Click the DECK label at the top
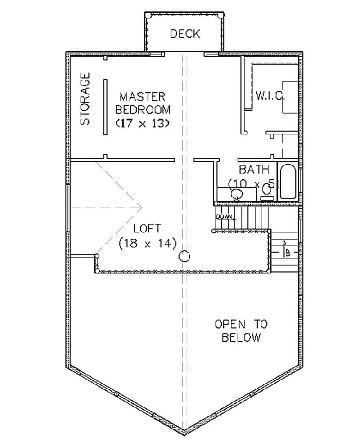point(185,34)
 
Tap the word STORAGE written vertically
point(85,99)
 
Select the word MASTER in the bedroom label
point(143,96)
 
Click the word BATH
point(254,170)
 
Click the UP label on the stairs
point(287,251)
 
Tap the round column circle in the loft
point(184,257)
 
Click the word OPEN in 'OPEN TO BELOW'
point(229,324)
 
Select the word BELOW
point(241,338)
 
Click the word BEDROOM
point(143,109)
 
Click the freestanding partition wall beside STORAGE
point(105,106)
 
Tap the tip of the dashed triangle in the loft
point(142,207)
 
